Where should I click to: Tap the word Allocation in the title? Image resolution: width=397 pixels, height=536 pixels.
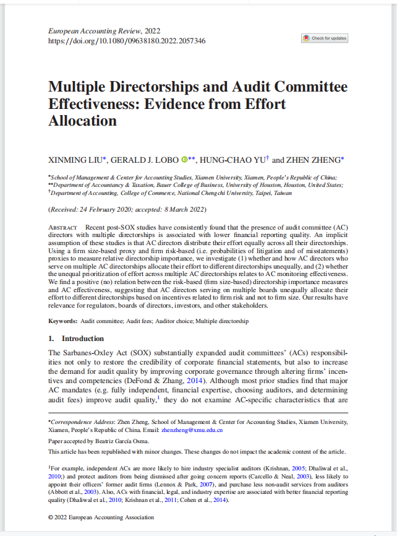(83, 121)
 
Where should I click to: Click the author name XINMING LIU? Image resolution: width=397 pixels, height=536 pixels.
(76, 160)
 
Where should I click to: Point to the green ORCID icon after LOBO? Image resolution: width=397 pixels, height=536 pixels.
(184, 160)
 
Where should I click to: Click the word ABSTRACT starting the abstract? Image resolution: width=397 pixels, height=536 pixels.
(63, 228)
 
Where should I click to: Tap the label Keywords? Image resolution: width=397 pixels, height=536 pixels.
(63, 321)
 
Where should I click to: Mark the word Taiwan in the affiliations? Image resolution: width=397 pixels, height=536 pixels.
(283, 193)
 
